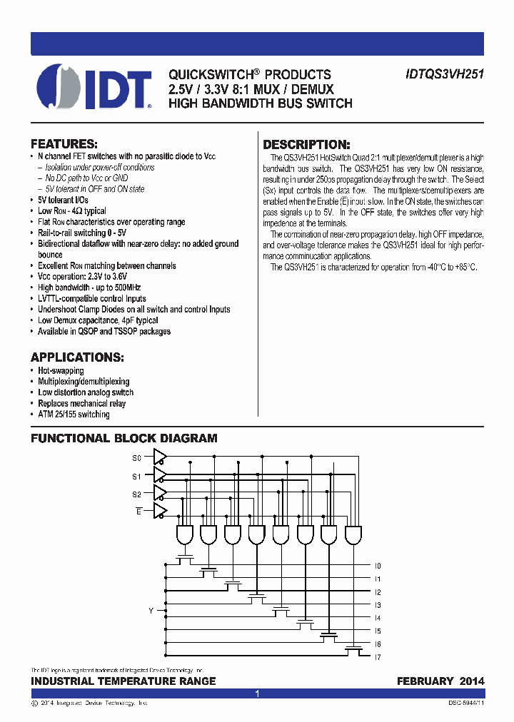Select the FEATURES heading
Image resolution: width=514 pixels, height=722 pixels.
64,143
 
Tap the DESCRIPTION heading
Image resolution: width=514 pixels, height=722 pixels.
307,144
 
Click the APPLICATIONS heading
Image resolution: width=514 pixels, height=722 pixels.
77,357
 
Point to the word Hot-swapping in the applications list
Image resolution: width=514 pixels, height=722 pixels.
61,371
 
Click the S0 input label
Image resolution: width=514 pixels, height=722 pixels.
137,457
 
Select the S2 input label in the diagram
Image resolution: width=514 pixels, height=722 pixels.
137,494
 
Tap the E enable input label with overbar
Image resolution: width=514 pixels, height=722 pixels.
139,512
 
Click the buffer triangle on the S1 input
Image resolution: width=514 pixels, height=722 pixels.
161,475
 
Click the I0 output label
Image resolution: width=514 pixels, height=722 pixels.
378,566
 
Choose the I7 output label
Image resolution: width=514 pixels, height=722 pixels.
378,656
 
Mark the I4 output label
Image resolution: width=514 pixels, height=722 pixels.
378,618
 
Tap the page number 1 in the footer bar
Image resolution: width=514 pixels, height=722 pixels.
257,693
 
